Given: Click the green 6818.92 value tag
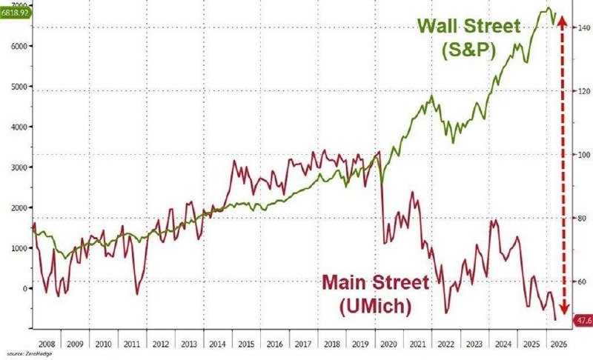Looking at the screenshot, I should tap(14, 13).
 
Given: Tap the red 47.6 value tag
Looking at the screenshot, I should tap(583, 320).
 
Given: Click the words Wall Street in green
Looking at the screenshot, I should tap(469, 26).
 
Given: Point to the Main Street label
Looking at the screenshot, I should tap(374, 282).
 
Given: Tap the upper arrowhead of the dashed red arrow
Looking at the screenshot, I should tap(563, 16).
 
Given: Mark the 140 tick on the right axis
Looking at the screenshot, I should tap(584, 27).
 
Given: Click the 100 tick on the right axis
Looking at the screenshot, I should tap(584, 155).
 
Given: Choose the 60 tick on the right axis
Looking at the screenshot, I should tap(583, 282).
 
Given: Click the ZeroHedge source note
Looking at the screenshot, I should tap(24, 354).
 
